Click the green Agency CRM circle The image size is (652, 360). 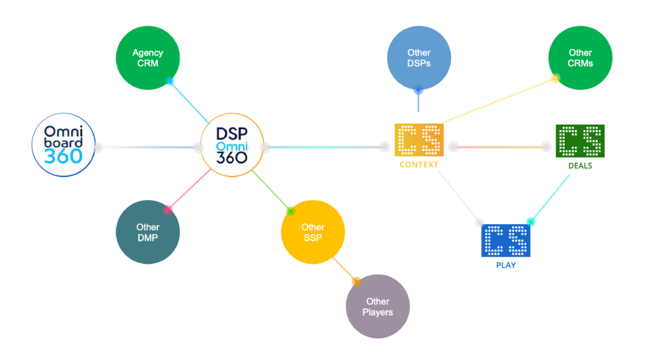click(x=147, y=58)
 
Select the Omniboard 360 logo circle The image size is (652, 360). click(x=64, y=145)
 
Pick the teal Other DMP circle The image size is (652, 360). click(x=148, y=232)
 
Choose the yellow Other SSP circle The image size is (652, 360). click(x=313, y=232)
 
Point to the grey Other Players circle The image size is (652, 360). click(x=378, y=306)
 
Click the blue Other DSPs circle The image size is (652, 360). click(x=419, y=58)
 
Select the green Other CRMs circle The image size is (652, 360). click(x=580, y=58)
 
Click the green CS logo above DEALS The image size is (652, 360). click(x=580, y=141)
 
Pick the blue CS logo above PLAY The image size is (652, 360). click(x=505, y=240)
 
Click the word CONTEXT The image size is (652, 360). click(x=418, y=164)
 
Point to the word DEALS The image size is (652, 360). click(x=580, y=166)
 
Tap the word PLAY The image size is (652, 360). click(x=505, y=264)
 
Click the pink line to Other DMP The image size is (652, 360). click(x=188, y=190)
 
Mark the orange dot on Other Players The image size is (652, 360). click(x=356, y=280)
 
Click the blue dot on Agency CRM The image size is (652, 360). click(x=169, y=81)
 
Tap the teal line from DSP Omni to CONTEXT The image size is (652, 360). click(x=325, y=148)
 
